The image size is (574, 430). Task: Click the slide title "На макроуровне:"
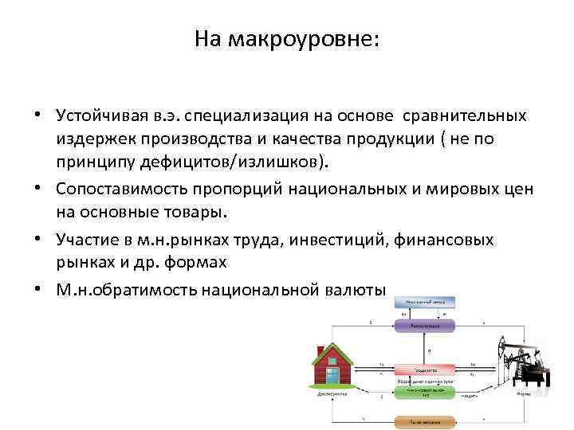[x=287, y=39]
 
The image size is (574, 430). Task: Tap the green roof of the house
[x=331, y=350]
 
